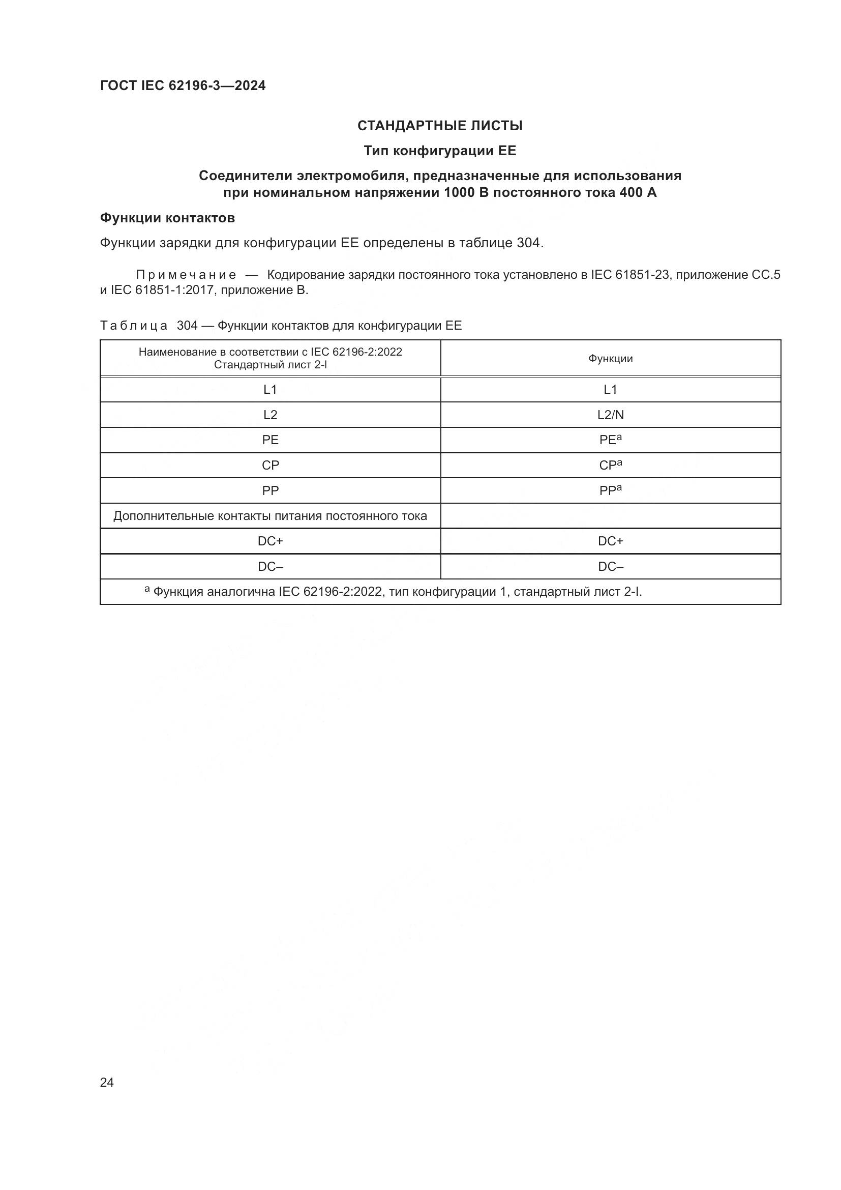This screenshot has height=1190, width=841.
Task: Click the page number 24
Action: (x=107, y=1082)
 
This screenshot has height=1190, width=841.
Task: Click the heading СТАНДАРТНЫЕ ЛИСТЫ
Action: (x=440, y=126)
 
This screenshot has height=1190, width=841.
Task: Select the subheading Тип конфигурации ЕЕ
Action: (x=440, y=151)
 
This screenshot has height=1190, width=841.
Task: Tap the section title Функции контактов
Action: (x=167, y=218)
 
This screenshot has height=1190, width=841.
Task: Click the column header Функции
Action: (x=610, y=359)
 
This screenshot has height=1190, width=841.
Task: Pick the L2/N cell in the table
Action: (x=610, y=415)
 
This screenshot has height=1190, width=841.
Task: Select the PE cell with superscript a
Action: (x=610, y=440)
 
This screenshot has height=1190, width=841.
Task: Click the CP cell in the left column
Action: (x=271, y=466)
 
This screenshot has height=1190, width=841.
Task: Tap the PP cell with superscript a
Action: (x=610, y=490)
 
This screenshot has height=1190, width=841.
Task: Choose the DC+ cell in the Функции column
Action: (x=610, y=541)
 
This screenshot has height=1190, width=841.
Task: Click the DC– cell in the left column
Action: (x=271, y=566)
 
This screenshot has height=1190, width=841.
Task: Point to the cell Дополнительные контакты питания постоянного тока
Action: (x=271, y=516)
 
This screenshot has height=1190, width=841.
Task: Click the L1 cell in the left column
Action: (x=271, y=390)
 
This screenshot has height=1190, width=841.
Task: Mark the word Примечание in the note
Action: (x=186, y=275)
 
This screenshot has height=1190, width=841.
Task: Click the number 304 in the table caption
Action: (x=187, y=326)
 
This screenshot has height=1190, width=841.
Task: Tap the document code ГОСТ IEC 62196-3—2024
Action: (x=183, y=86)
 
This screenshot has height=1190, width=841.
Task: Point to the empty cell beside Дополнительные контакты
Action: (x=610, y=516)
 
